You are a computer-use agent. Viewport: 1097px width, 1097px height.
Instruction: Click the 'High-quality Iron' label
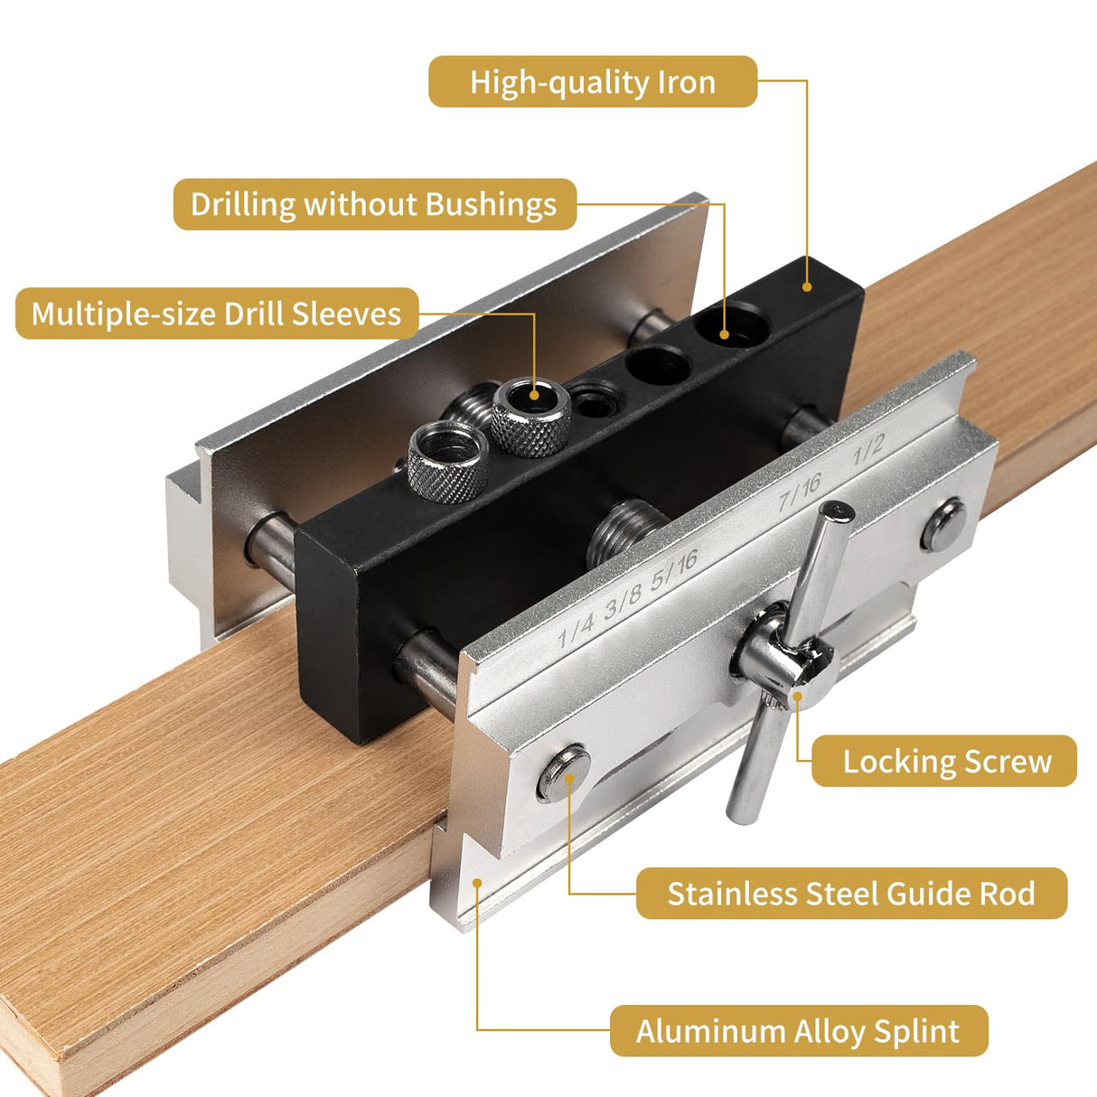(x=592, y=82)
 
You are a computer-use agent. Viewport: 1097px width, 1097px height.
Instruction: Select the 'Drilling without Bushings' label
(x=374, y=204)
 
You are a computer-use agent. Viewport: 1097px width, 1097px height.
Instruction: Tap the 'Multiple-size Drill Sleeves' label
(x=216, y=314)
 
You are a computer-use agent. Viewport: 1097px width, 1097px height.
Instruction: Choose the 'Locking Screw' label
(x=945, y=761)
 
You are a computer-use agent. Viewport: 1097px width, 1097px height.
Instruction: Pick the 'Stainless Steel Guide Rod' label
(x=850, y=894)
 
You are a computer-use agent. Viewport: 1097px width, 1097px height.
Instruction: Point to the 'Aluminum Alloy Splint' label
(x=798, y=1031)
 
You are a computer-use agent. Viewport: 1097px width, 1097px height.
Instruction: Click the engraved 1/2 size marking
(x=868, y=449)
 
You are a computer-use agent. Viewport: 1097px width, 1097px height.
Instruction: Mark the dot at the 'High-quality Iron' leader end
(x=806, y=286)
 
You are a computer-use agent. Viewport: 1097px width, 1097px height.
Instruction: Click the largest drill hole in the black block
(x=732, y=324)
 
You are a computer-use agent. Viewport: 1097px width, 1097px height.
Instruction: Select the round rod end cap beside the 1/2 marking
(x=942, y=526)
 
